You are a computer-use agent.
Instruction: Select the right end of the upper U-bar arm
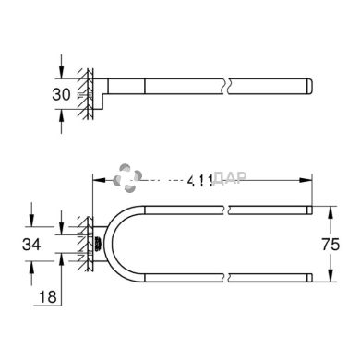(x=312, y=212)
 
